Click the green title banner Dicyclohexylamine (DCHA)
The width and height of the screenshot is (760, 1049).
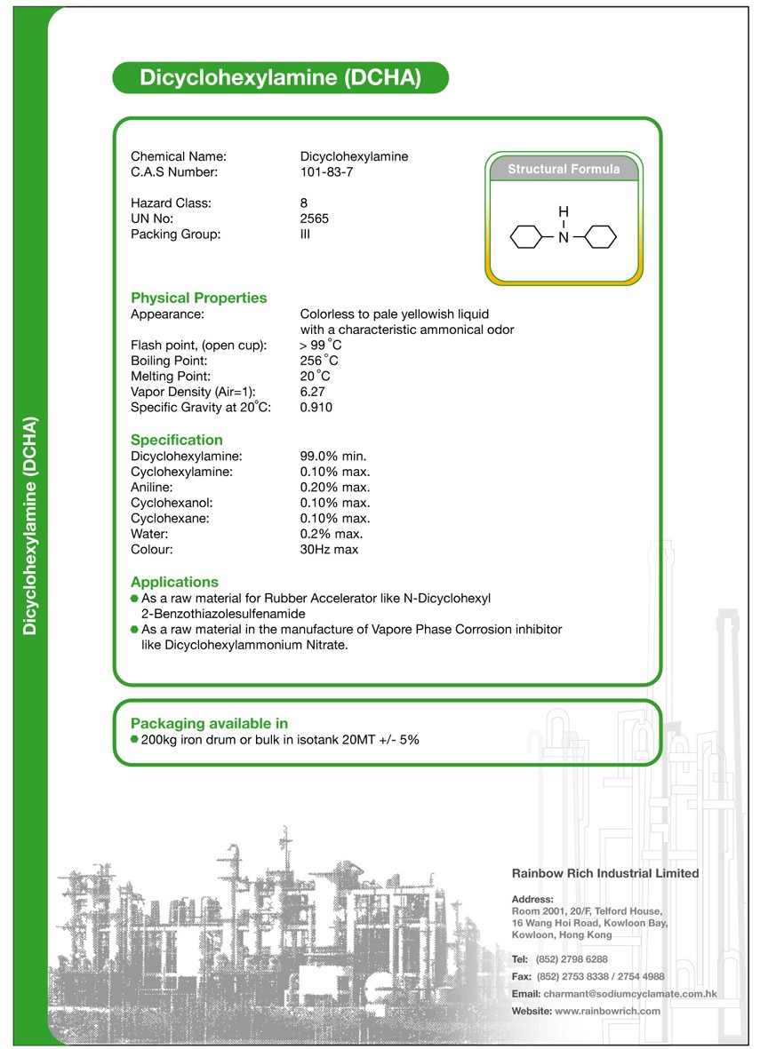[x=280, y=78]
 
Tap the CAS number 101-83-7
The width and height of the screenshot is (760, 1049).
[x=326, y=172]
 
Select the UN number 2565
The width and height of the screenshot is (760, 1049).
[x=315, y=219]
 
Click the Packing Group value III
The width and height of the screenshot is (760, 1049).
[x=306, y=234]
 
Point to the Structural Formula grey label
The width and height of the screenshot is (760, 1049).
[x=564, y=169]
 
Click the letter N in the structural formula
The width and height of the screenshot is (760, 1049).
[x=563, y=237]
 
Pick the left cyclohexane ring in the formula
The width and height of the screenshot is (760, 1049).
[x=527, y=237]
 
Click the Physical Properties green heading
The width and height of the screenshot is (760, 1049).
[x=198, y=298]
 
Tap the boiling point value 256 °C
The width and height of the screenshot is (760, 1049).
[x=319, y=361]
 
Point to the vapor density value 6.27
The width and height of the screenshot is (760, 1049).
[x=313, y=392]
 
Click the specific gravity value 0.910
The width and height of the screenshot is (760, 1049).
[x=316, y=408]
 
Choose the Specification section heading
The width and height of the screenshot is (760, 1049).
[x=176, y=440]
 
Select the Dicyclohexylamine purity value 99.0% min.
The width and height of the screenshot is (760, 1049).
[x=333, y=456]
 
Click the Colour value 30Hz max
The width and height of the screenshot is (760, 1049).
[x=329, y=550]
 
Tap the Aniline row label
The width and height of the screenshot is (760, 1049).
[x=152, y=487]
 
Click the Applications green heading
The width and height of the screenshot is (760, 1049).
[x=174, y=582]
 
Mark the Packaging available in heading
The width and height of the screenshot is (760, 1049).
[x=209, y=723]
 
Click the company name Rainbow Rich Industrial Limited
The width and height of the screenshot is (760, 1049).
[x=605, y=873]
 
